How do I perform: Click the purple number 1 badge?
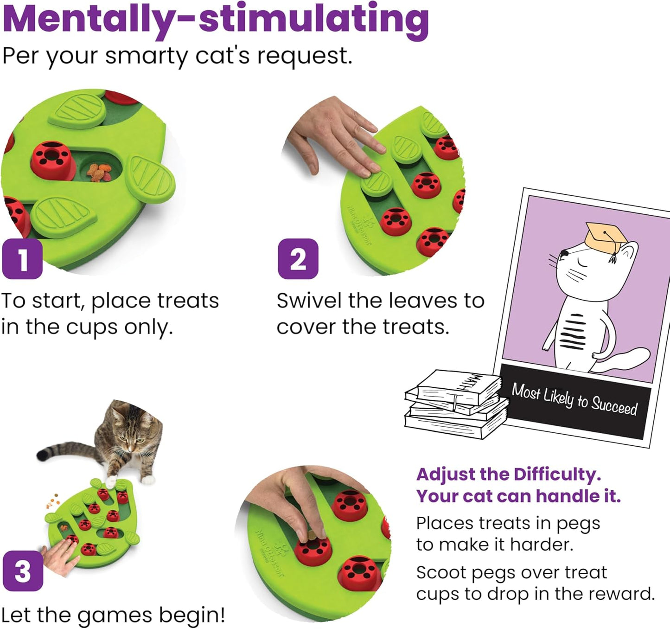(22, 259)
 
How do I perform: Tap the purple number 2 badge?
(298, 259)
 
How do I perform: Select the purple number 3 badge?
(23, 571)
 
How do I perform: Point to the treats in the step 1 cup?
(99, 172)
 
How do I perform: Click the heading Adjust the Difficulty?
(508, 475)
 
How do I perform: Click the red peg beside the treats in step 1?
(52, 159)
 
